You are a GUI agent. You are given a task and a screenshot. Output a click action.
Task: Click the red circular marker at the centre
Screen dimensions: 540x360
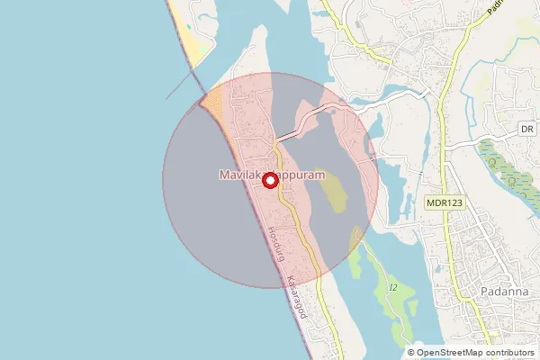(269, 181)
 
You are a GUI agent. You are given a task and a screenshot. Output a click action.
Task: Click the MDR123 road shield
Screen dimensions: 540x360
(445, 204)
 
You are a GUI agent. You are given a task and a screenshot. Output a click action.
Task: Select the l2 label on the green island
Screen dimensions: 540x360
(393, 287)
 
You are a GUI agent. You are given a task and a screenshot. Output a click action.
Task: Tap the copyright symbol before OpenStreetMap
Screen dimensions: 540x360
(411, 353)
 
